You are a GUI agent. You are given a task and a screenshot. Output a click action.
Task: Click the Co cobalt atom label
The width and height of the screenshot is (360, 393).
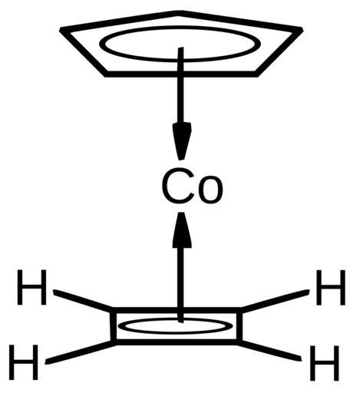(192, 187)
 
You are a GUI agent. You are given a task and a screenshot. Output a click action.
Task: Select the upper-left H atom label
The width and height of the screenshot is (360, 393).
(31, 287)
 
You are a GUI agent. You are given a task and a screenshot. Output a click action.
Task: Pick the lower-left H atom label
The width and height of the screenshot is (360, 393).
(24, 362)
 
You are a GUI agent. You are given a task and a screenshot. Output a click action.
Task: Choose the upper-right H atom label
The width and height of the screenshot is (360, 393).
(331, 287)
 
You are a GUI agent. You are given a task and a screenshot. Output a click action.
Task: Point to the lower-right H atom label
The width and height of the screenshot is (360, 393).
(325, 363)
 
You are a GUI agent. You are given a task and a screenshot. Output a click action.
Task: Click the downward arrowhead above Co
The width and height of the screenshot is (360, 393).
(182, 141)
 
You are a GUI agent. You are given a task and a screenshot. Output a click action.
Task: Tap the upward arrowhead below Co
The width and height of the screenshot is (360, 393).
(182, 230)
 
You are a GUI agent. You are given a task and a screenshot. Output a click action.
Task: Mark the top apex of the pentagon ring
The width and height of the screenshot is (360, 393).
(180, 13)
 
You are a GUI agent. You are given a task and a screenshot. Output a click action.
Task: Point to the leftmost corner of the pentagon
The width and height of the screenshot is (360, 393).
(61, 30)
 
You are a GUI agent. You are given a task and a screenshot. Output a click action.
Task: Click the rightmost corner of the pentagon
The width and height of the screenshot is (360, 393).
(302, 29)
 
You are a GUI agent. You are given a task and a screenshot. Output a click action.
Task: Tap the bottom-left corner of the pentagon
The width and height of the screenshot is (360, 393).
(105, 74)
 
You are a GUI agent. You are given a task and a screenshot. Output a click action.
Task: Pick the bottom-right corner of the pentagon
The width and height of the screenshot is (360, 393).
(256, 74)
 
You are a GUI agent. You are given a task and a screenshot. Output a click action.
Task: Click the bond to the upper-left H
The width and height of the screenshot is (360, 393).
(83, 300)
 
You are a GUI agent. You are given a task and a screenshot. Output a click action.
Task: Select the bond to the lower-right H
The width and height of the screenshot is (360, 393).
(269, 351)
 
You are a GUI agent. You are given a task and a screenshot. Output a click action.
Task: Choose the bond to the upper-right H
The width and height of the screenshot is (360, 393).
(276, 301)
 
